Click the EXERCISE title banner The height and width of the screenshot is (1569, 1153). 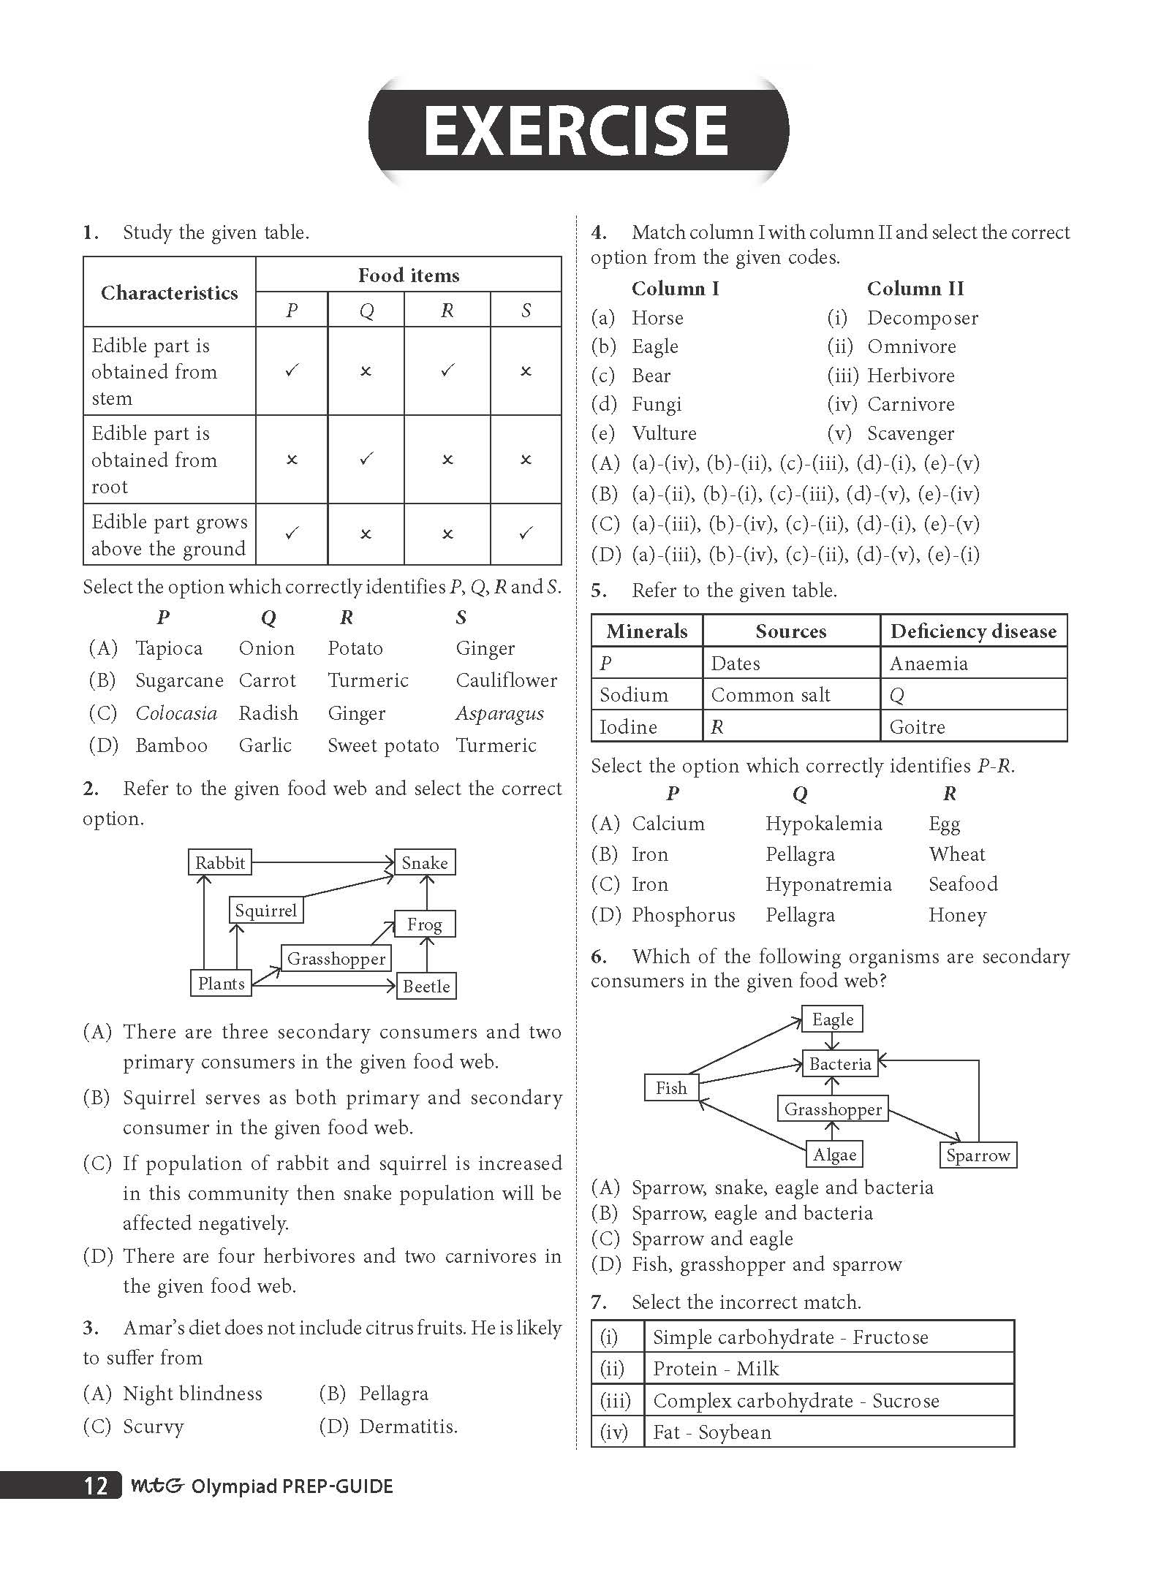coord(578,131)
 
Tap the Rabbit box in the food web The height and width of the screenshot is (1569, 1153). coord(219,862)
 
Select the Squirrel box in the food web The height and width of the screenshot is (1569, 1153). coord(265,911)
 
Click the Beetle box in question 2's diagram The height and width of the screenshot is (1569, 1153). coord(426,987)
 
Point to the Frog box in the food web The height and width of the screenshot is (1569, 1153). coord(425,924)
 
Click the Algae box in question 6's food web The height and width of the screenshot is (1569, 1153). coord(834,1155)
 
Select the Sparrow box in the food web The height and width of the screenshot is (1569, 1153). coord(978,1155)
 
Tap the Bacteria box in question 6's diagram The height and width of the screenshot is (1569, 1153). coord(839,1064)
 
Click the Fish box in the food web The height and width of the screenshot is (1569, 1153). coord(671,1088)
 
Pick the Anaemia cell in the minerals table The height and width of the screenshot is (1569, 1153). coord(929,664)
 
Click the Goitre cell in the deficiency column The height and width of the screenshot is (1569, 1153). coord(917,727)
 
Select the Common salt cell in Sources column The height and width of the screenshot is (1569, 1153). coord(771,695)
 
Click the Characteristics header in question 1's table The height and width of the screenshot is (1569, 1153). coord(170,293)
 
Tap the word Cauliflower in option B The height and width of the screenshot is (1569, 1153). coord(506,680)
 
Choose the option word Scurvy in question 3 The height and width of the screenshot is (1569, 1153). coord(154,1426)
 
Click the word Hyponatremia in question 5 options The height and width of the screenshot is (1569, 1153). coord(828,884)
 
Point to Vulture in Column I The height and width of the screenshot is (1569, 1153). coord(664,433)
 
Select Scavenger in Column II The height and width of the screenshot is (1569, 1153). coord(910,433)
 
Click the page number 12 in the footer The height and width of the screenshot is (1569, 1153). coord(96,1486)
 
